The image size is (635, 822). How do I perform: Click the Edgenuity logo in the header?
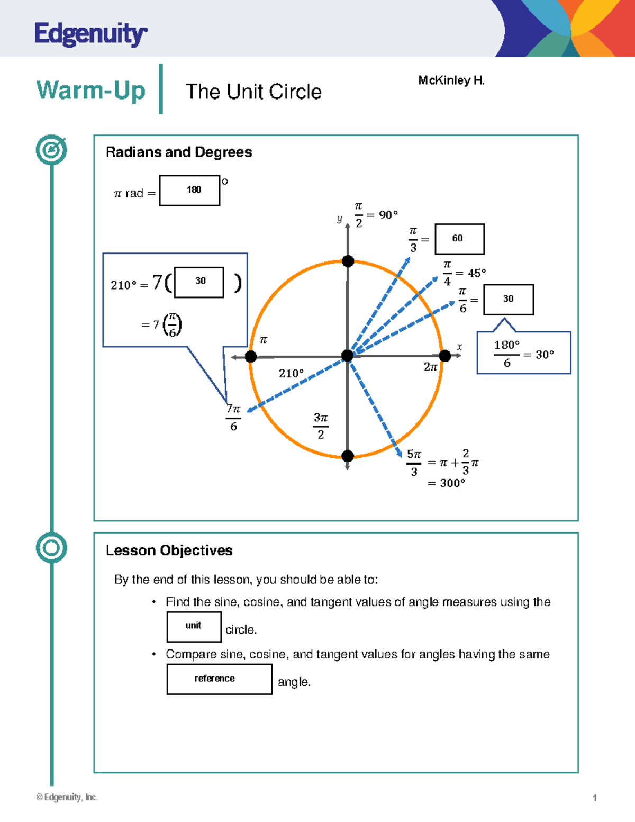click(x=90, y=34)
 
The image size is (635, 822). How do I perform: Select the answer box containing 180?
click(x=189, y=190)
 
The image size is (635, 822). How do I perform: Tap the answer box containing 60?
click(x=459, y=239)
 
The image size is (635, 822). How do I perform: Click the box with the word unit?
click(x=194, y=627)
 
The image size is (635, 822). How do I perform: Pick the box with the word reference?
click(x=219, y=679)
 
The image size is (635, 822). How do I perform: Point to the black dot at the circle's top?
click(x=348, y=261)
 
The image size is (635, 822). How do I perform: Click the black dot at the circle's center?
click(x=347, y=356)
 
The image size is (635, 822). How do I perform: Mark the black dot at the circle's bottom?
click(x=348, y=456)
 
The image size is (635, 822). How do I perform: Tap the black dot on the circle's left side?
click(x=251, y=357)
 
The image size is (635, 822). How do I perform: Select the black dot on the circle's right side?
click(x=445, y=356)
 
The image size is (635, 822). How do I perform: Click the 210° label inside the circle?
click(x=292, y=374)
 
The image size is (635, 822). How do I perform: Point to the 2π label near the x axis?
click(x=431, y=367)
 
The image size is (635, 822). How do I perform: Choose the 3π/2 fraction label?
click(x=321, y=426)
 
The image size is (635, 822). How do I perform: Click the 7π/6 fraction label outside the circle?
click(x=233, y=418)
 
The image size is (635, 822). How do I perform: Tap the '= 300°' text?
click(x=447, y=483)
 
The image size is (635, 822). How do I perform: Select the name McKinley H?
click(x=451, y=80)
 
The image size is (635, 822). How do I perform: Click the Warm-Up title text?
click(x=91, y=90)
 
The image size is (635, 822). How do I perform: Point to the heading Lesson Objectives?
click(x=169, y=550)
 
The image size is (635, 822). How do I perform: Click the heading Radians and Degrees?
click(x=179, y=152)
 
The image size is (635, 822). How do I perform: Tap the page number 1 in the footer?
click(x=595, y=798)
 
